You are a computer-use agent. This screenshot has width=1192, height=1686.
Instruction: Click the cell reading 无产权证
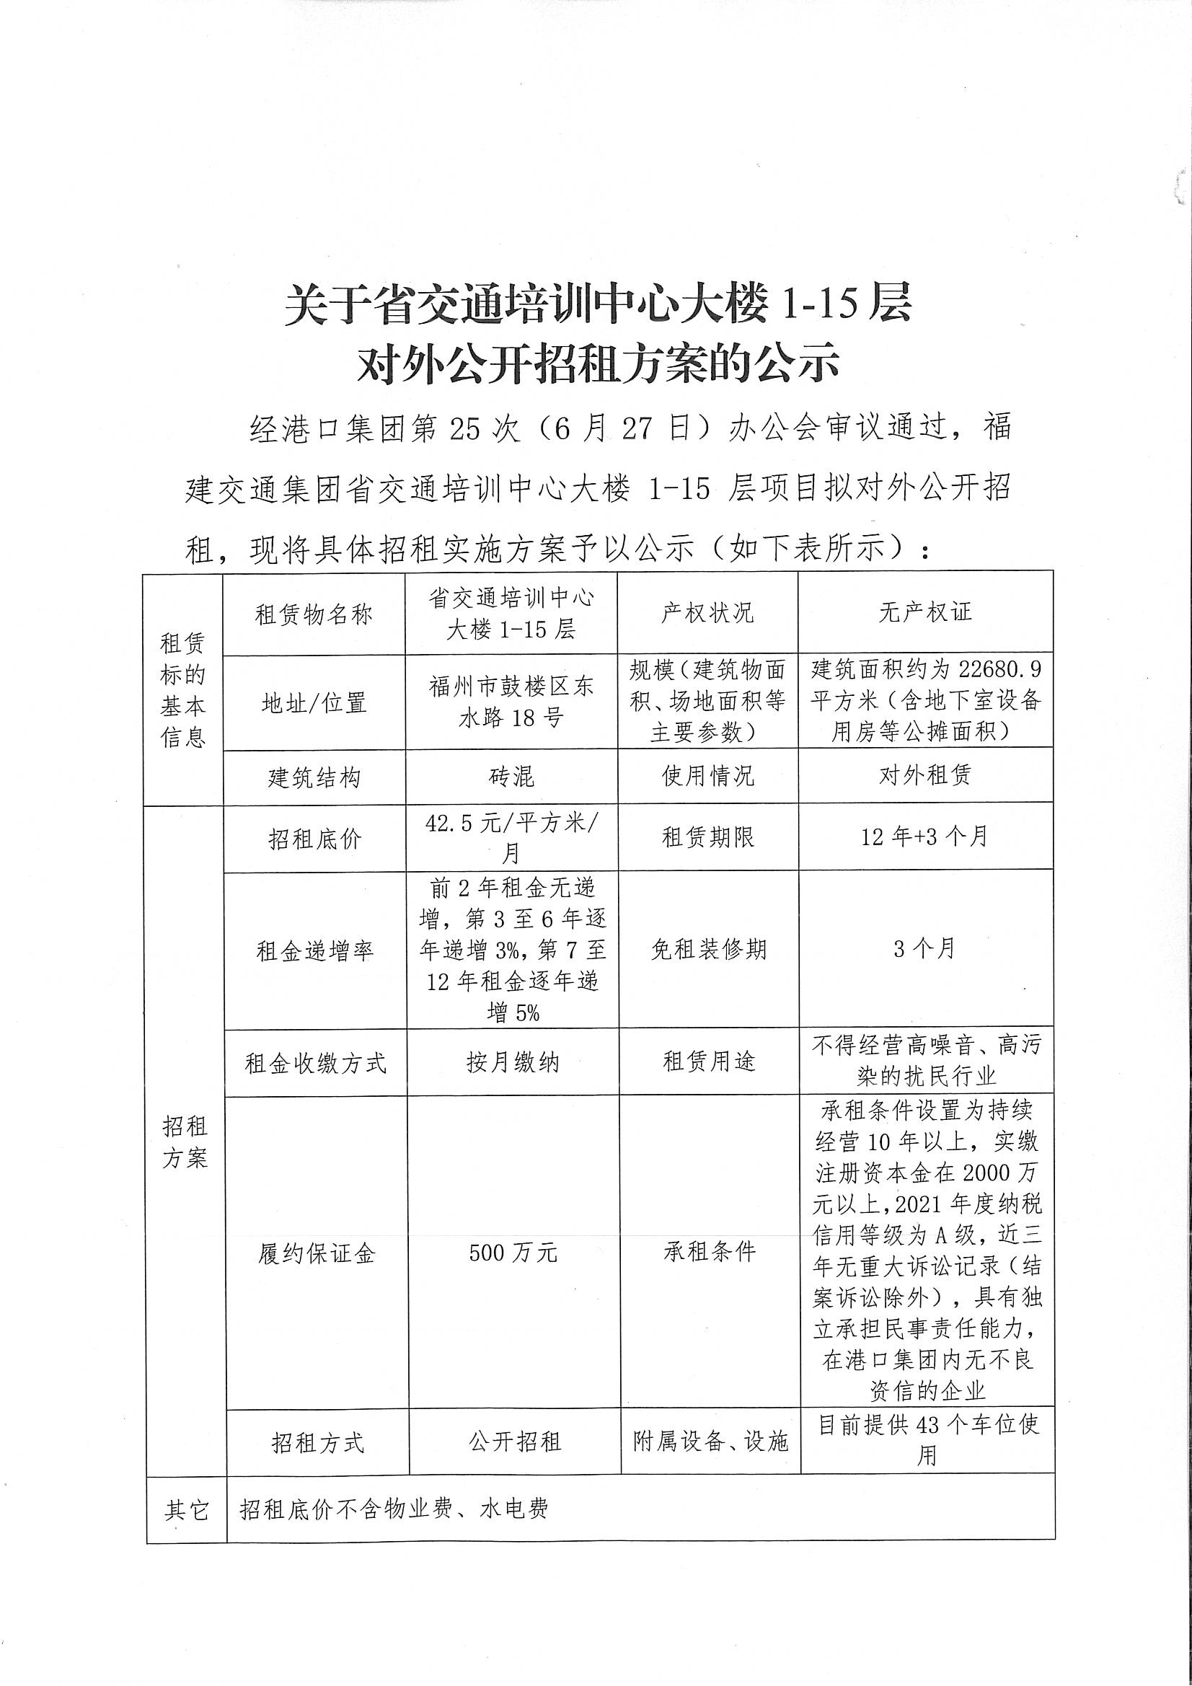pos(924,612)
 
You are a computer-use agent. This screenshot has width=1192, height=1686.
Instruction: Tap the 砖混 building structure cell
pos(511,776)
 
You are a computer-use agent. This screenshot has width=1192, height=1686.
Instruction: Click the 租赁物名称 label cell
pos(314,614)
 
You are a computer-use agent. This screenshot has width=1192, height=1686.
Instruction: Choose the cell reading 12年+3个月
pos(924,837)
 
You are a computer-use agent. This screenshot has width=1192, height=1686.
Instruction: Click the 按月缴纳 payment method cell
pos(513,1062)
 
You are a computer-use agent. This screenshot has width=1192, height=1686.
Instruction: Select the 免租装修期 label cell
pos(708,950)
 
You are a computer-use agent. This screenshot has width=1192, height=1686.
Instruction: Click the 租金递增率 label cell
pos(314,952)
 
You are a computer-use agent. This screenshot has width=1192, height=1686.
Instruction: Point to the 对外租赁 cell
pos(924,774)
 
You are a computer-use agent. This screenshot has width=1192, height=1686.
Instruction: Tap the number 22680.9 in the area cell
pos(999,669)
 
